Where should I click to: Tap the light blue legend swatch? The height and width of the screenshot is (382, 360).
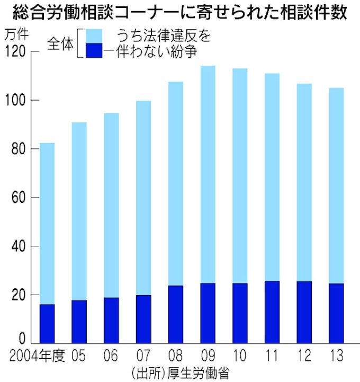click(94, 35)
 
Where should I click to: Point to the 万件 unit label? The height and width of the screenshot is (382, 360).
click(16, 35)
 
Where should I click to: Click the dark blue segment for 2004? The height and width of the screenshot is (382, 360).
click(47, 323)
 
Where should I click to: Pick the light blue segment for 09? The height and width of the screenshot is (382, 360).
click(208, 175)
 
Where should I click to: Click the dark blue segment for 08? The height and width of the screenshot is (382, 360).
click(176, 314)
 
